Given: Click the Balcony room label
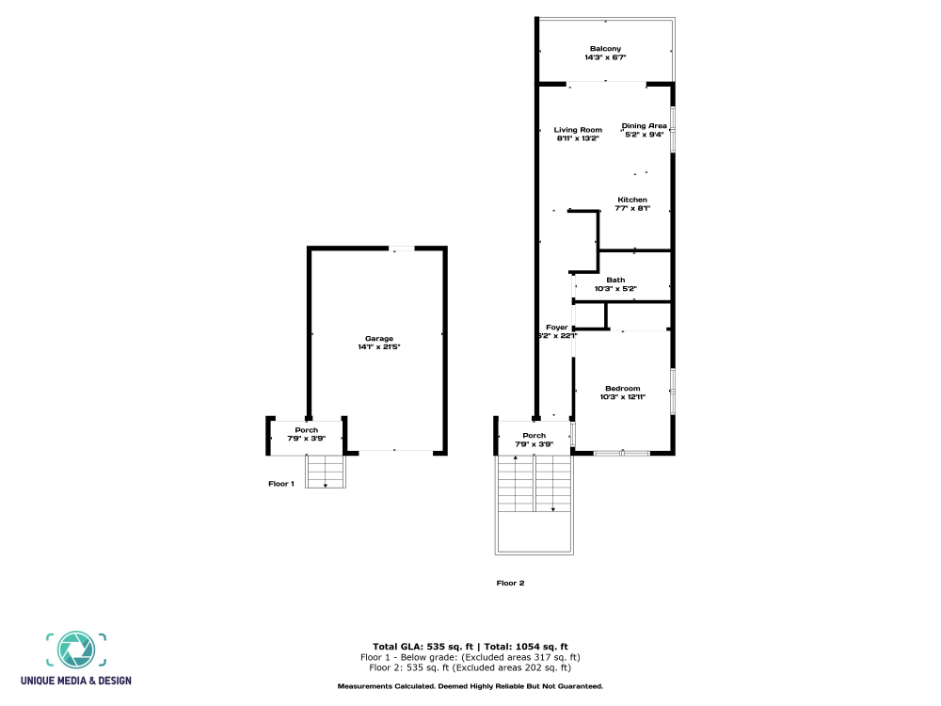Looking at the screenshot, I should coord(605,49).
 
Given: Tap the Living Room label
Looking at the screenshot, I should coord(577,130).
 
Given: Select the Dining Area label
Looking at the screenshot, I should coord(645,125).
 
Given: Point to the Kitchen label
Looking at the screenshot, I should coord(632,200).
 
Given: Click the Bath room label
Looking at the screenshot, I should coord(615,280).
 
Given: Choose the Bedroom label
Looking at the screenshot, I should coord(622,389).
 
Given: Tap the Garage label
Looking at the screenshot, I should coord(379,339).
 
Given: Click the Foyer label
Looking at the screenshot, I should coord(557,328).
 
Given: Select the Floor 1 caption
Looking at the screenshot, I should coord(281,484).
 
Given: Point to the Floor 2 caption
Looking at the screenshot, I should coord(510,583).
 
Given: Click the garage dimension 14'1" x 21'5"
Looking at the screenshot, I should coord(379,347).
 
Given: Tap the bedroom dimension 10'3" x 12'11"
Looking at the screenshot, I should coord(622,397).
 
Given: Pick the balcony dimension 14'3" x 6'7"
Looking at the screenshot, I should coord(605,57).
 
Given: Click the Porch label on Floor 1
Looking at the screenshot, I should coord(307,430).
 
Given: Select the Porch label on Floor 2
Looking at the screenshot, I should coord(534,436).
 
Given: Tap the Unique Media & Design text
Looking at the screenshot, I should coord(75,681).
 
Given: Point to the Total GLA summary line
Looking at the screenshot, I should coord(470,646).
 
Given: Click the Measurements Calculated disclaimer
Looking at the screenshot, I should coord(470,686).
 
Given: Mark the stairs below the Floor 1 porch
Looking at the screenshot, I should coord(326,471).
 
